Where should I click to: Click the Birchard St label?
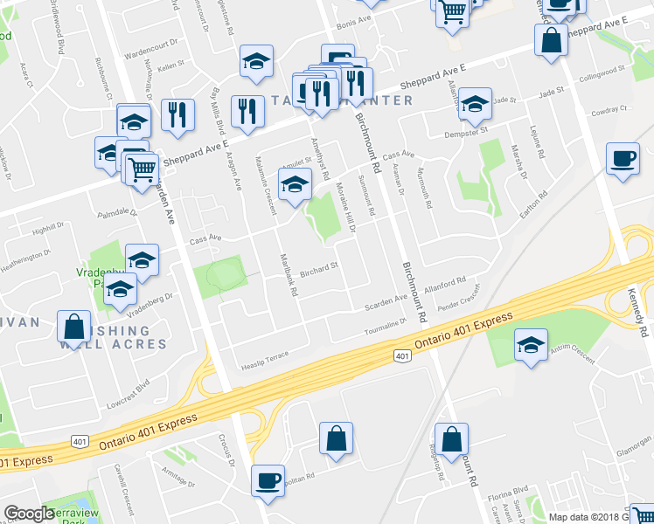click(x=319, y=270)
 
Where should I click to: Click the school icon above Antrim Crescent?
click(x=530, y=342)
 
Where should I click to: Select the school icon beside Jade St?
click(x=474, y=104)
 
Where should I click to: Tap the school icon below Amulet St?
click(x=295, y=183)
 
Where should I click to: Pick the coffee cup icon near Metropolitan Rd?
click(x=268, y=479)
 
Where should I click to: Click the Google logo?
click(x=28, y=514)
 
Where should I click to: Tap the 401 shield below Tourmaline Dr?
click(x=401, y=355)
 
